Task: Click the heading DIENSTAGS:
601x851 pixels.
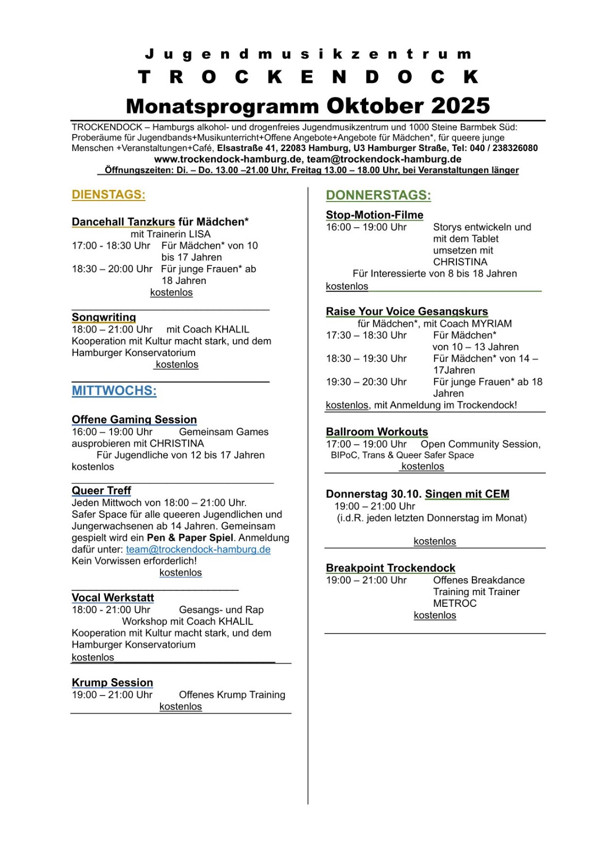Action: (108, 195)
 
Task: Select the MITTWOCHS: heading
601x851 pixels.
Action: (114, 391)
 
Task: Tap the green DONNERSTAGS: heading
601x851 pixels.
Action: (378, 195)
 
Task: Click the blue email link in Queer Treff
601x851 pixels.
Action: (198, 549)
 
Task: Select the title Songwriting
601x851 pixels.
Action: (104, 318)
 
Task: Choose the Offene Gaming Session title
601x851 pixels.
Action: (134, 420)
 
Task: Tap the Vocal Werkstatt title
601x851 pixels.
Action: (113, 598)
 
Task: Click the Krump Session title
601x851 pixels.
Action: (112, 683)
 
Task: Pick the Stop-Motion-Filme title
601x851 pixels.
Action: (374, 215)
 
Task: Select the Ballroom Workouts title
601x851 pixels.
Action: (377, 432)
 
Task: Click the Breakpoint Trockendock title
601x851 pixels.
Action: (390, 568)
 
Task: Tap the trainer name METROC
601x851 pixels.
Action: (454, 603)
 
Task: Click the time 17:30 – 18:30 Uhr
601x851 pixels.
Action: (366, 335)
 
